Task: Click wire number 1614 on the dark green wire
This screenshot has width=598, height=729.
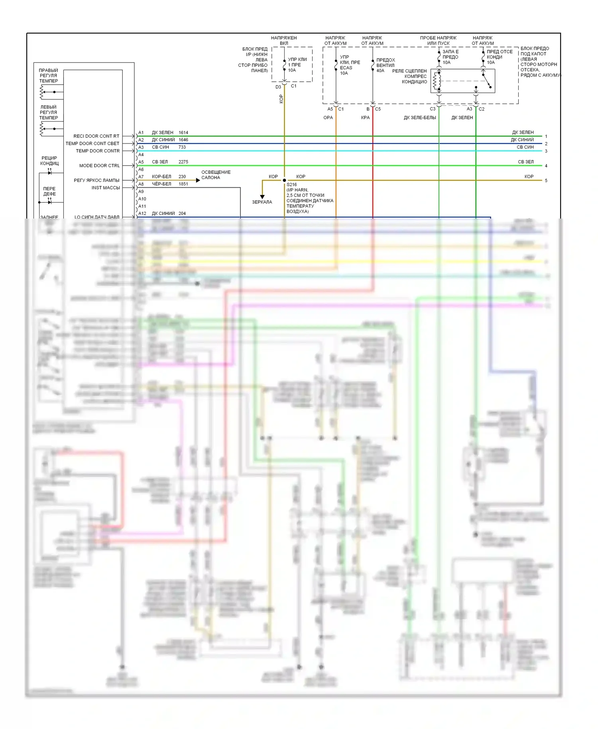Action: (183, 132)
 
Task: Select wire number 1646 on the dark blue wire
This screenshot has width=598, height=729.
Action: (183, 140)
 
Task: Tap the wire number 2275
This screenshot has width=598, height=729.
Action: (183, 162)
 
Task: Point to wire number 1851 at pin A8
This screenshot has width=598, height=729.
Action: (183, 184)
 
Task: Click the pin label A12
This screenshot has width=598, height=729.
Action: (142, 213)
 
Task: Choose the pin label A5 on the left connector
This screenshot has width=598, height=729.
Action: (141, 162)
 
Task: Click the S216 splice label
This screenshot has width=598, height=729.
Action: (292, 185)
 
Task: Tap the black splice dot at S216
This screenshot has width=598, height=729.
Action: (285, 180)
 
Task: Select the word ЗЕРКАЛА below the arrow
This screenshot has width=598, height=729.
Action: (262, 202)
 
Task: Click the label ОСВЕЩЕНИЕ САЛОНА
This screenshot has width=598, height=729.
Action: (216, 175)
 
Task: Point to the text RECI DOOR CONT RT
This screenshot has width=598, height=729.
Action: (96, 136)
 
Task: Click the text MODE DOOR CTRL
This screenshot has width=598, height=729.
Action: (99, 166)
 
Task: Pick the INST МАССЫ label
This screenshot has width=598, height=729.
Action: (106, 188)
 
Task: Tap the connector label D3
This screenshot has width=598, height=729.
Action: (278, 87)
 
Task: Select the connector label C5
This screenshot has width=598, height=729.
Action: (378, 109)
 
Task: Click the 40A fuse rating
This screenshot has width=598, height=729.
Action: (380, 71)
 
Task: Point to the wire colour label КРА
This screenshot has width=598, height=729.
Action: (365, 118)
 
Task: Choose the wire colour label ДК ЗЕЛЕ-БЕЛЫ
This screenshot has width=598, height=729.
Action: (420, 118)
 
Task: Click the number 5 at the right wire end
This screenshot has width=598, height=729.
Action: (546, 181)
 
